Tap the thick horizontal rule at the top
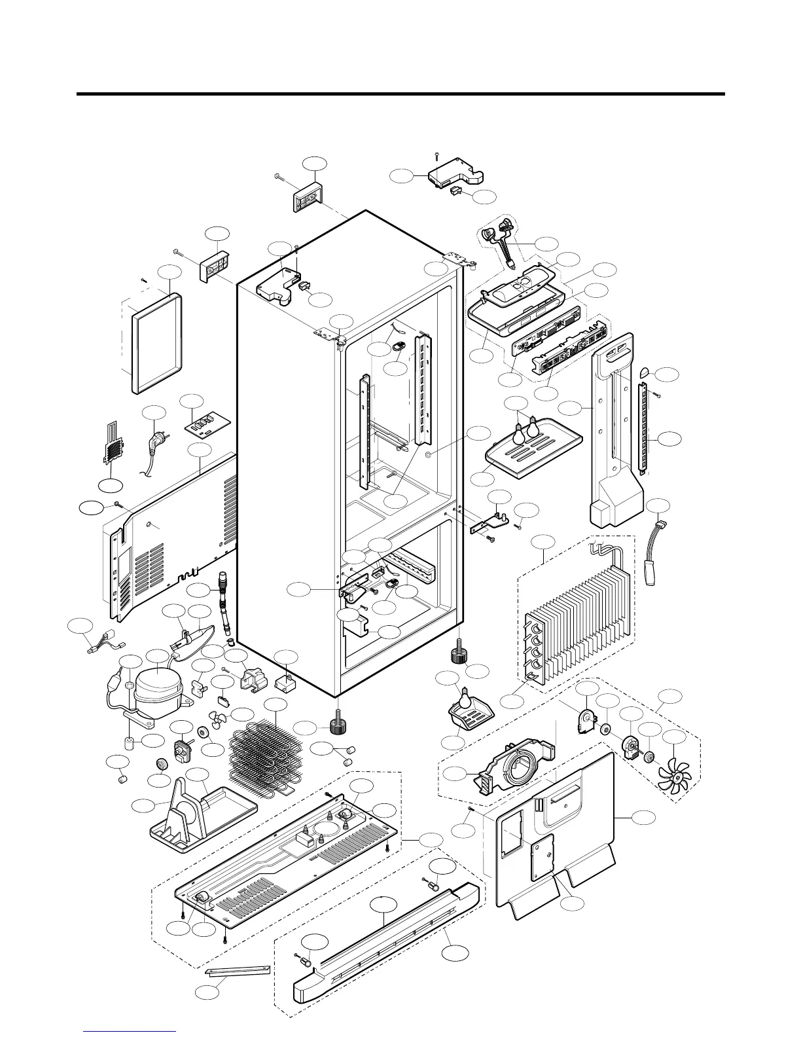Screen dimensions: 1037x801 400,94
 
